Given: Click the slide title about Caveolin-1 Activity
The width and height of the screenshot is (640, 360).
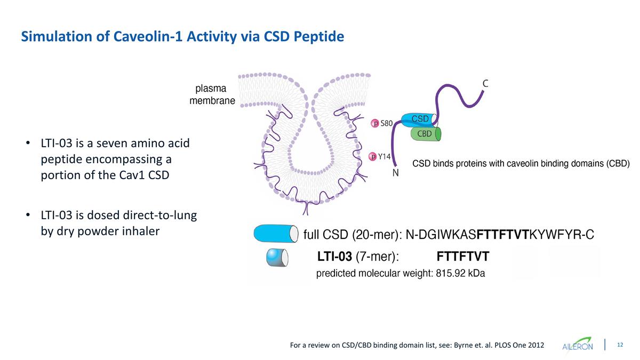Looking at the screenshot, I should [182, 36].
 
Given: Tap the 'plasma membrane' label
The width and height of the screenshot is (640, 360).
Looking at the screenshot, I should [212, 94].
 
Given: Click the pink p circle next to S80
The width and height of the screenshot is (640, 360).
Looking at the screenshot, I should [375, 123].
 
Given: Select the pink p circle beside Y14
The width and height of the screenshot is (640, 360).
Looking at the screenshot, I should [373, 156].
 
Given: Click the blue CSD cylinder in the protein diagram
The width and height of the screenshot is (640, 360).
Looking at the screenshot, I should [419, 118].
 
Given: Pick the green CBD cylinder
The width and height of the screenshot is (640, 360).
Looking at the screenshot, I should [425, 134].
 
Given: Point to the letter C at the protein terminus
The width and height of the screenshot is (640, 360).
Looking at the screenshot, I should [486, 83].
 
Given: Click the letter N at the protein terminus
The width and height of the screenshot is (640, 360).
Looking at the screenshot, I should [396, 173].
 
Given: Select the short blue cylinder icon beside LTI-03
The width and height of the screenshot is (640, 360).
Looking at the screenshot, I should [277, 257].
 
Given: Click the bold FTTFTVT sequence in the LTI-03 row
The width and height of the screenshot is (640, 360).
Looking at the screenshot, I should [462, 257].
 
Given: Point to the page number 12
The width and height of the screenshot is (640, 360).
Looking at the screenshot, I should [620, 345].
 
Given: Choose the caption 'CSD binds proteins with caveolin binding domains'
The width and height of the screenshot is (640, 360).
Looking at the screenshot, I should [522, 164].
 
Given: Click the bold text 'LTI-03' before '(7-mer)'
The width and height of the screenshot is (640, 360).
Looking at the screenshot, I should [334, 257].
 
